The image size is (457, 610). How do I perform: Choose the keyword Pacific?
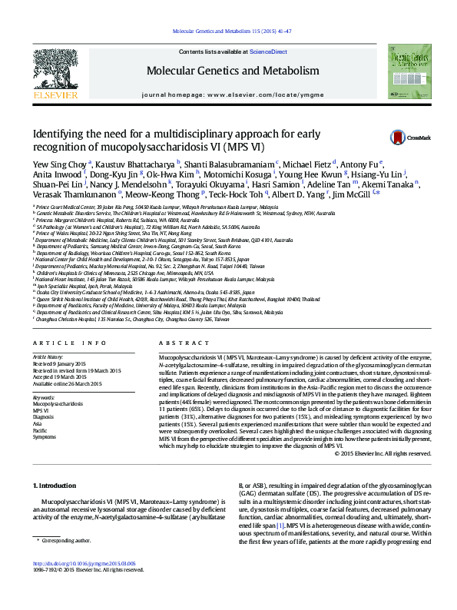click(41, 430)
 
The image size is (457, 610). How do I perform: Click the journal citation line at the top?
click(228, 31)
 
